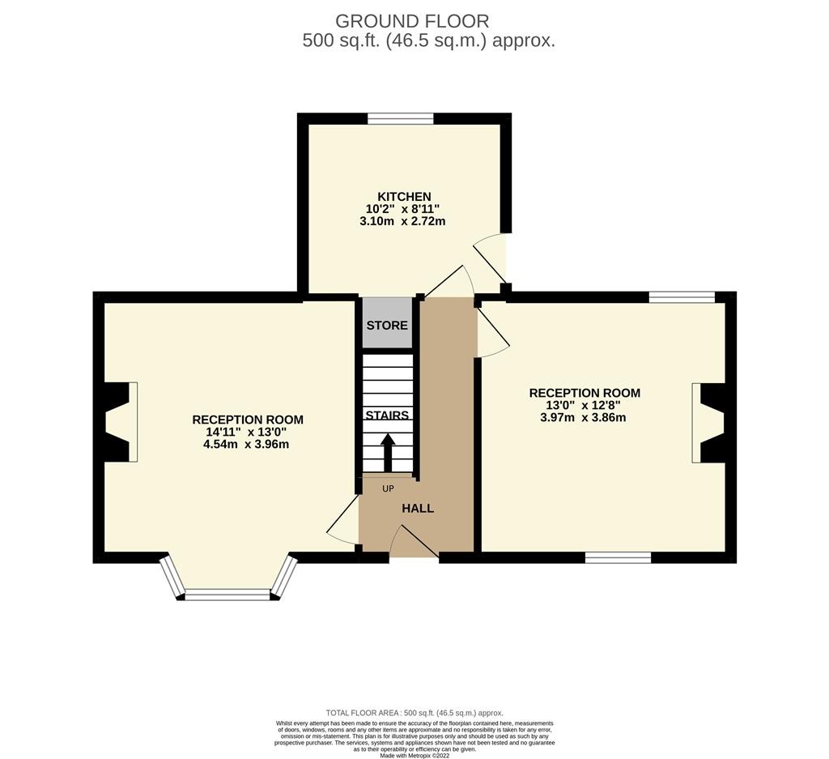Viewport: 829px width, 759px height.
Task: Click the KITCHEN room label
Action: click(404, 197)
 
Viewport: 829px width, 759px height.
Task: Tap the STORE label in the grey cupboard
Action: click(387, 326)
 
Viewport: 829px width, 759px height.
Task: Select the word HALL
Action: click(418, 509)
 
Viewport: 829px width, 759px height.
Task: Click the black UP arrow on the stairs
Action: click(388, 452)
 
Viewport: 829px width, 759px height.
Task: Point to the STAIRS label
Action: click(387, 416)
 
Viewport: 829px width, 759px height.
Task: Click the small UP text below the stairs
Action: click(388, 488)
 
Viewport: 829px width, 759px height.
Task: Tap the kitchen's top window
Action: click(401, 118)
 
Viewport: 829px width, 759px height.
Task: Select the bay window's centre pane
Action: click(227, 595)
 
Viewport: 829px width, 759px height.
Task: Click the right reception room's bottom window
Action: click(618, 557)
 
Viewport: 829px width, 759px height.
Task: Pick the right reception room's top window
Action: click(682, 297)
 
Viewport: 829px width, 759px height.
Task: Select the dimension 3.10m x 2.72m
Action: click(402, 221)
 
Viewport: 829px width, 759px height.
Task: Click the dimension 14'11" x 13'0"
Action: click(246, 432)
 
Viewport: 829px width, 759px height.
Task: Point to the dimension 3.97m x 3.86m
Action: click(583, 417)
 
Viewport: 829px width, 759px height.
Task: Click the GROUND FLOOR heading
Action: click(412, 21)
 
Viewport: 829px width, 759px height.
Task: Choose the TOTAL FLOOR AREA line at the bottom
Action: click(414, 713)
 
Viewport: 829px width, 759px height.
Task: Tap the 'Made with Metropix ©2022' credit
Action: click(414, 755)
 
